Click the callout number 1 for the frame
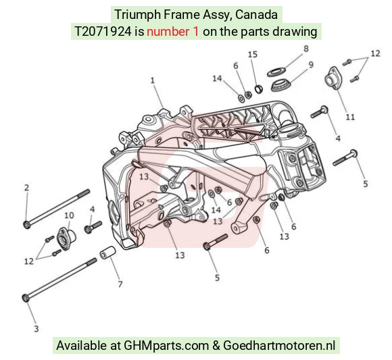pos(153,80)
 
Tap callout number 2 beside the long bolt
pos(27,188)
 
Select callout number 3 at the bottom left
pos(36,328)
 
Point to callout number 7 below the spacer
pos(120,284)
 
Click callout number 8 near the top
pos(306,49)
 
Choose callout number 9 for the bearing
pos(311,65)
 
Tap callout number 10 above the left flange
pos(69,215)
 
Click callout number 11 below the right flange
pos(351,117)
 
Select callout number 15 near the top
pos(253,55)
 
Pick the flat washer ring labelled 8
pos(276,72)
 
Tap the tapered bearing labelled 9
pos(280,85)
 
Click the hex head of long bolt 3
pos(26,298)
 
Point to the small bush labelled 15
pos(259,89)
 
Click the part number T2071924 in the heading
pos(103,32)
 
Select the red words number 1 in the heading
pos(173,32)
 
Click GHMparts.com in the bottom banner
pos(166,346)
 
